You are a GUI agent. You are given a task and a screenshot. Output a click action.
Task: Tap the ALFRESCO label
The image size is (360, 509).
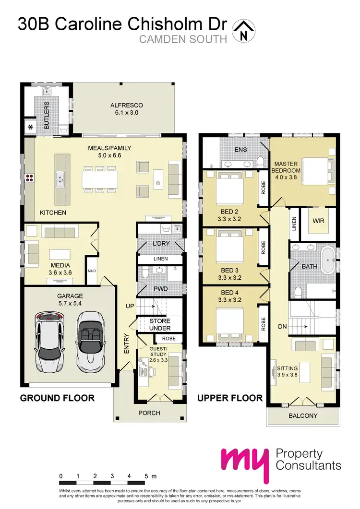pos(127,105)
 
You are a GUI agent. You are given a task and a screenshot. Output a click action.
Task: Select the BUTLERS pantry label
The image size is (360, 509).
pos(47,115)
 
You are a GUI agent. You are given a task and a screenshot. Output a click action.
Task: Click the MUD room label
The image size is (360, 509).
pos(92,271)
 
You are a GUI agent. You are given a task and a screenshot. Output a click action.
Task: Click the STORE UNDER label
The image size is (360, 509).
pos(160,324)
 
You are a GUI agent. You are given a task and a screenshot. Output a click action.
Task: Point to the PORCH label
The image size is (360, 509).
pos(149,413)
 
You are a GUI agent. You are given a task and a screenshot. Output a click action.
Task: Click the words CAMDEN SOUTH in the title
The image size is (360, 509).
pos(183,39)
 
